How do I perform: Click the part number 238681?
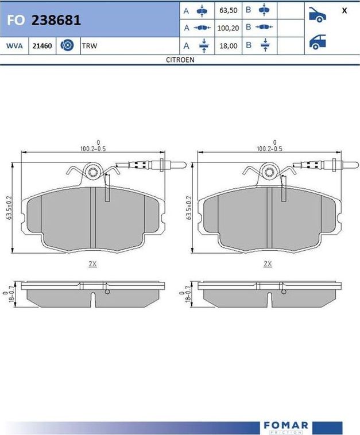pyautogui.click(x=56, y=21)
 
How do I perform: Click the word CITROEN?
pyautogui.click(x=180, y=59)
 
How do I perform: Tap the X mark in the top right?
pyautogui.click(x=344, y=11)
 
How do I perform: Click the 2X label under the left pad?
pyautogui.click(x=92, y=263)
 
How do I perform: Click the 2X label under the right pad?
pyautogui.click(x=268, y=263)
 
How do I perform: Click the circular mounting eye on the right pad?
pyautogui.click(x=269, y=171)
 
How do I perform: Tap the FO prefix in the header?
pyautogui.click(x=15, y=21)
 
